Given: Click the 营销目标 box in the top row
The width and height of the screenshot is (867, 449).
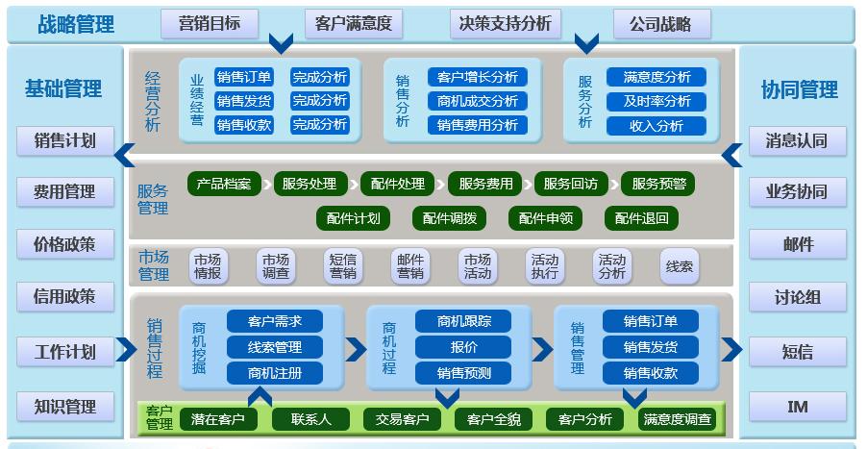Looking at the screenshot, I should [x=209, y=24].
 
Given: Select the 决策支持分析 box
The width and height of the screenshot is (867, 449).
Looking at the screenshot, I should [x=505, y=24].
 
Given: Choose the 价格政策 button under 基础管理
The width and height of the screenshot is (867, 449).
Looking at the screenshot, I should [x=64, y=244].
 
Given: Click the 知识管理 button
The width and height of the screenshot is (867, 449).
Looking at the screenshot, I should [x=64, y=406].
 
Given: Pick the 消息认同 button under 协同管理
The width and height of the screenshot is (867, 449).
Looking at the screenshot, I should [x=797, y=140].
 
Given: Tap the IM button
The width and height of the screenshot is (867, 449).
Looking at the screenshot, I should [x=797, y=406].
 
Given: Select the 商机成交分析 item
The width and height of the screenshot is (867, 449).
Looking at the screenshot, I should [x=477, y=101].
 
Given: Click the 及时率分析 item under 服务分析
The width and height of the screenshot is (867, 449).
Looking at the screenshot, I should [x=656, y=101].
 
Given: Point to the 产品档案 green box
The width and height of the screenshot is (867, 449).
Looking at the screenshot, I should [x=224, y=183].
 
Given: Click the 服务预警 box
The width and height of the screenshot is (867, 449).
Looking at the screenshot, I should [x=659, y=183].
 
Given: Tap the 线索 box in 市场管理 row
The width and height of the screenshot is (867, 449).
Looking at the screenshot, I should [x=680, y=265].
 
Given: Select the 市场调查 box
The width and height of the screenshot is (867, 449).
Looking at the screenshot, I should [x=276, y=265].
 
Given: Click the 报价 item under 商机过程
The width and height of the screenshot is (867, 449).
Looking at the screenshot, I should [x=464, y=347].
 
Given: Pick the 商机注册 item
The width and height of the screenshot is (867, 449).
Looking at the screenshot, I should [x=274, y=372].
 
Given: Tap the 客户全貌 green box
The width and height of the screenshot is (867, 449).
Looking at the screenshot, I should [x=493, y=419].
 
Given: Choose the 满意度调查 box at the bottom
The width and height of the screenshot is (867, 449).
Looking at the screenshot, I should [x=678, y=419].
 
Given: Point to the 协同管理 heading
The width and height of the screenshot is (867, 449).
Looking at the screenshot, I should [x=799, y=89].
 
